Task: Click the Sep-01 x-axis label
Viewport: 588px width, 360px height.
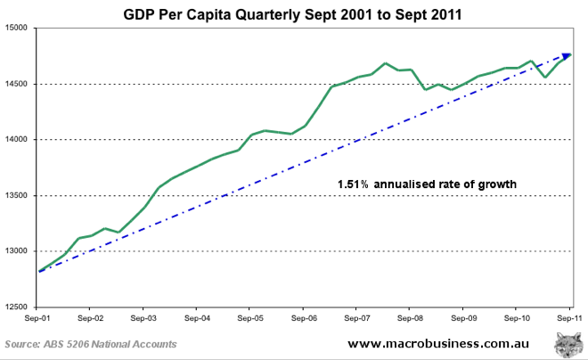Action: [x=37, y=317]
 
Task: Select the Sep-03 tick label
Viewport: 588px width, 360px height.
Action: [x=143, y=317]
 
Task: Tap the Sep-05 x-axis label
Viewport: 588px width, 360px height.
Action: [x=250, y=317]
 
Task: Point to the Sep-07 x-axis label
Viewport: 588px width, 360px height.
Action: [x=356, y=317]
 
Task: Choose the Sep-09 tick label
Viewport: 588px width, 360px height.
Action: [x=463, y=317]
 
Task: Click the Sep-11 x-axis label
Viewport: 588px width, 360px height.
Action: [x=568, y=317]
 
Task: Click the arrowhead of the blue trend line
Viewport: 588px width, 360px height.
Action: [x=567, y=56]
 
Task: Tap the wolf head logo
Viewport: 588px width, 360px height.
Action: [x=567, y=344]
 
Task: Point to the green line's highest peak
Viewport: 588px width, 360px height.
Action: [x=385, y=63]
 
